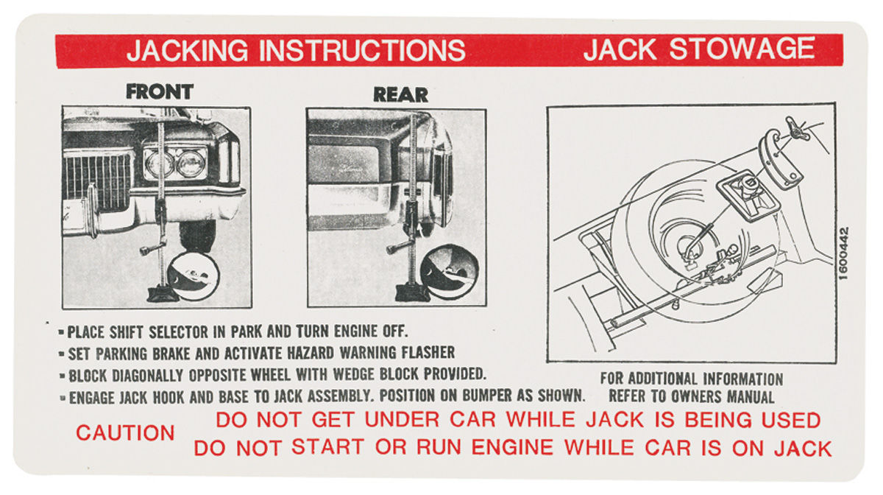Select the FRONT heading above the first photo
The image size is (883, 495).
tap(160, 91)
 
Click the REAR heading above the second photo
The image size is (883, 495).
tap(400, 95)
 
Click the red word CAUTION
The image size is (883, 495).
tap(125, 432)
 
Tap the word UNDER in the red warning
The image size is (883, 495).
tap(402, 419)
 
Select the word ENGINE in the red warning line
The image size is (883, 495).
tap(512, 447)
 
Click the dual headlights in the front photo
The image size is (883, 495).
tap(174, 163)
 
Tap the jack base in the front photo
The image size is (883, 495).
tap(163, 294)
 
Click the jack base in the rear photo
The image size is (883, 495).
tap(412, 293)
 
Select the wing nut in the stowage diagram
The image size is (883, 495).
tap(798, 129)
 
